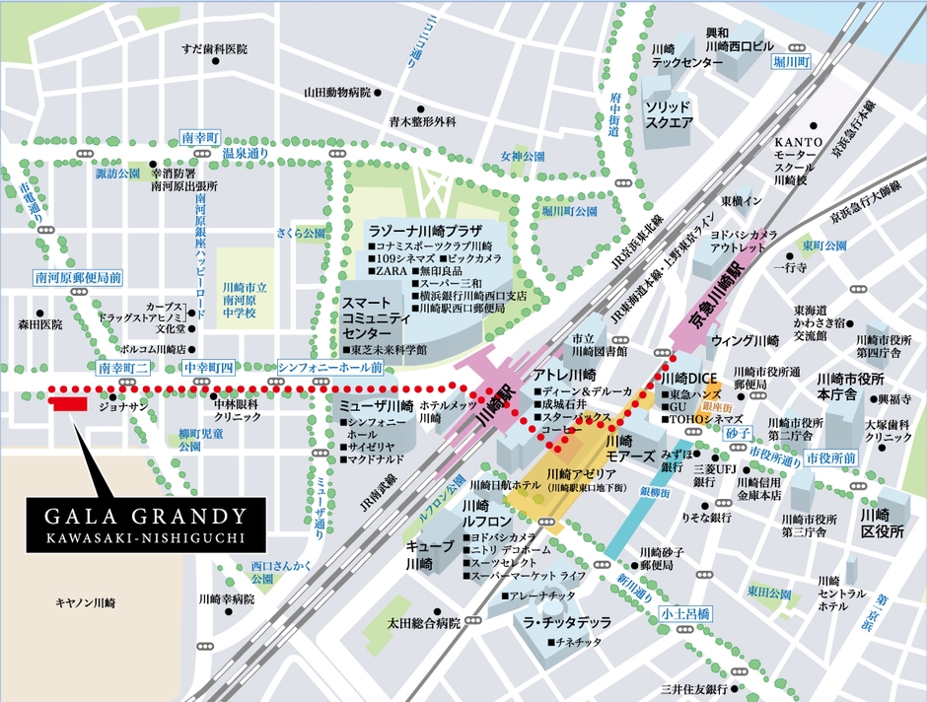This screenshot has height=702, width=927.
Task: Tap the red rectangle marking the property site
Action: click(69, 403)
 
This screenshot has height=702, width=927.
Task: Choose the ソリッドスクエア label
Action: click(669, 114)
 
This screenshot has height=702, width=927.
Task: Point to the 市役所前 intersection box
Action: click(830, 459)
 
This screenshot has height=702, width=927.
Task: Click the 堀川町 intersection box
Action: click(790, 61)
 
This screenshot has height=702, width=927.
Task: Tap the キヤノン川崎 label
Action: click(86, 602)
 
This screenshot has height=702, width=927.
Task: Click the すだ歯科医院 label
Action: click(214, 48)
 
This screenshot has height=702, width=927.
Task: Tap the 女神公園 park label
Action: click(522, 157)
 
